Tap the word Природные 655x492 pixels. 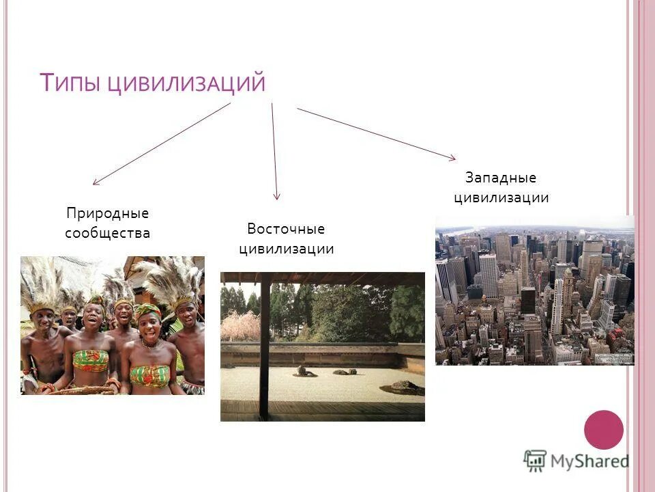point(107,213)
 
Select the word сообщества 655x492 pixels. point(107,233)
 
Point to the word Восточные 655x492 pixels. point(286,229)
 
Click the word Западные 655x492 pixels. point(501,178)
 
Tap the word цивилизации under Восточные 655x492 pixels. point(286,249)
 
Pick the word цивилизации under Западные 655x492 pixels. point(501,198)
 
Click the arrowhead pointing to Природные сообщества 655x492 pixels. point(96,182)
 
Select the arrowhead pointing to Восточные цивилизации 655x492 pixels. point(276,197)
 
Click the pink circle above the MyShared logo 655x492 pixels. point(604,429)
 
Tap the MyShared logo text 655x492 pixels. point(589,461)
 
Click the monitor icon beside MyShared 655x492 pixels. point(536,461)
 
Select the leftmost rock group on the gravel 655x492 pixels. point(305,372)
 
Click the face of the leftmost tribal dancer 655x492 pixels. point(43,318)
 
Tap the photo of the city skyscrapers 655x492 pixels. point(535,290)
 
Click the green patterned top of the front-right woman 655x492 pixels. point(149,375)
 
